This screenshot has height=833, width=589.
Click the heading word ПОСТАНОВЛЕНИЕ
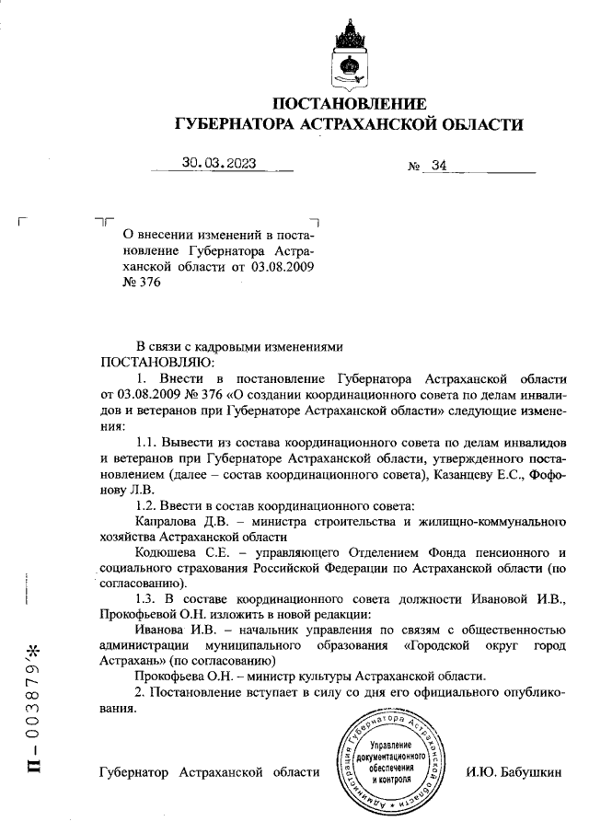(351, 103)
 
